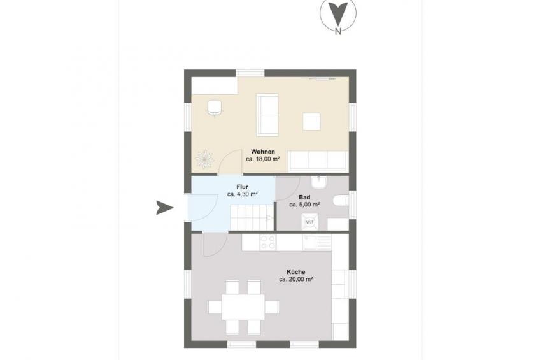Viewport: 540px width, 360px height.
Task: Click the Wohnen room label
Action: pos(263,152)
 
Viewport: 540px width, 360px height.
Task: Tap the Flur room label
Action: pos(243,187)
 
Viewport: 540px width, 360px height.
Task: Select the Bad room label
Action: pos(304,198)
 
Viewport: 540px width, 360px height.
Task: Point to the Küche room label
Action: pos(296,272)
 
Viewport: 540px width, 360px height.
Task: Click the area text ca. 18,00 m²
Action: pos(262,159)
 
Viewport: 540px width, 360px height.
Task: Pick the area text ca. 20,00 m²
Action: pos(296,280)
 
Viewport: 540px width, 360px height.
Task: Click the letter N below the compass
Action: pos(338,32)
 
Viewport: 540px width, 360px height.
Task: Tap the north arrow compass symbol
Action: pos(338,14)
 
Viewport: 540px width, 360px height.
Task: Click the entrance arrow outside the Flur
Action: pos(165,207)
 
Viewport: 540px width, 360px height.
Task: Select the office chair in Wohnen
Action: pos(214,108)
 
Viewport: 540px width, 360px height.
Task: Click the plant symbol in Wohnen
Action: pos(204,159)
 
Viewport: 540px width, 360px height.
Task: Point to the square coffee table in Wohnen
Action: pos(311,122)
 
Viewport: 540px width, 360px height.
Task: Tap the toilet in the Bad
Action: pos(341,202)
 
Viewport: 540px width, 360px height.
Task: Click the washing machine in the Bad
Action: pos(309,222)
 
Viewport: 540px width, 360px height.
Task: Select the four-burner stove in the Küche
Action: pos(267,242)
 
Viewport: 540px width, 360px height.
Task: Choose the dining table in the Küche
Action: pos(243,307)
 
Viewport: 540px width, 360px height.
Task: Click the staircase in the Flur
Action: pos(252,217)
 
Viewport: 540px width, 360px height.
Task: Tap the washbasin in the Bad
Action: pos(318,182)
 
